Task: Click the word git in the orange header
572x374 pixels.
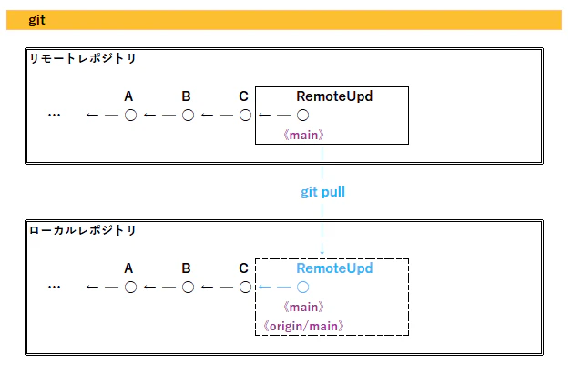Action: pos(36,20)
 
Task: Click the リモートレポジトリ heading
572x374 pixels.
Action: pos(83,58)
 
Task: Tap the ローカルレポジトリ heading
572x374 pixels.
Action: pos(83,230)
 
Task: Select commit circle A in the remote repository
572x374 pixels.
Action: pos(130,116)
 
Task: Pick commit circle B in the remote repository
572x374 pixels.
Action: pos(188,116)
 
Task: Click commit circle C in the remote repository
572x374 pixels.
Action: pos(246,116)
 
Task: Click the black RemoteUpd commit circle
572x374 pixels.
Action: pos(302,116)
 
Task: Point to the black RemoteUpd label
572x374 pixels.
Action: pos(334,96)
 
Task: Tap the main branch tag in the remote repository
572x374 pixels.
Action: pos(303,136)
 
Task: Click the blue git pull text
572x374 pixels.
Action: pos(322,192)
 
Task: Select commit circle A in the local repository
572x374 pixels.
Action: pos(130,288)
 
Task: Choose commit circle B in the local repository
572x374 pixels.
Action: pos(188,288)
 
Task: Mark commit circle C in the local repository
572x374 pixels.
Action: pos(246,288)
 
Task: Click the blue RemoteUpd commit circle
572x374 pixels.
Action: pos(302,288)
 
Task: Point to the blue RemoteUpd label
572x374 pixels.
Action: pos(334,268)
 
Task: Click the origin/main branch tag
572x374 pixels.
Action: pos(303,326)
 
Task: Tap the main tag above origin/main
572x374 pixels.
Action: pos(303,308)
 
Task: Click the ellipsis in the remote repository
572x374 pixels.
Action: pos(54,116)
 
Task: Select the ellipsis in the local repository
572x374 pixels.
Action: pos(54,288)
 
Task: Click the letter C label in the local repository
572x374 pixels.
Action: pos(244,268)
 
